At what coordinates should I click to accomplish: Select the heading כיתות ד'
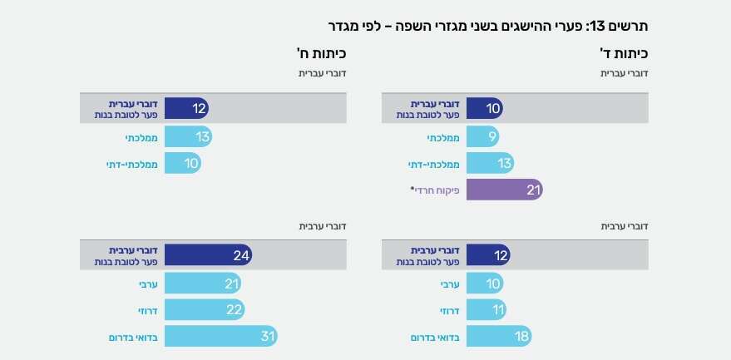point(624,53)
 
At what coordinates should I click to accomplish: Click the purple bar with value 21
point(504,190)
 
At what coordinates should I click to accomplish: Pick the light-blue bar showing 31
point(220,337)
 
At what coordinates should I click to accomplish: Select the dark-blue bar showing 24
point(208,256)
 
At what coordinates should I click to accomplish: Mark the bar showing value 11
point(487,310)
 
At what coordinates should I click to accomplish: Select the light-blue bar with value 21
point(204,284)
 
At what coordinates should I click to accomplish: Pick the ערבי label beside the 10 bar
point(449,284)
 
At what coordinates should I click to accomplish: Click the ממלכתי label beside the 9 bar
point(443,137)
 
